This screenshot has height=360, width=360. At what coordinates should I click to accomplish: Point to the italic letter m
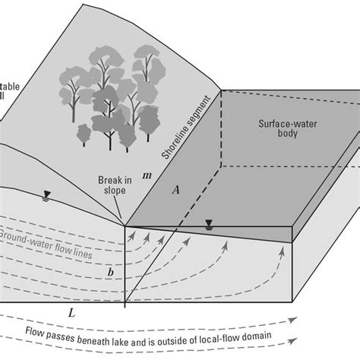(147, 176)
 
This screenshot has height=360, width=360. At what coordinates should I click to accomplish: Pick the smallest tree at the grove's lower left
(85, 135)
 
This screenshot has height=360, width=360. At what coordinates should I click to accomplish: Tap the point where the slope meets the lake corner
(125, 226)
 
